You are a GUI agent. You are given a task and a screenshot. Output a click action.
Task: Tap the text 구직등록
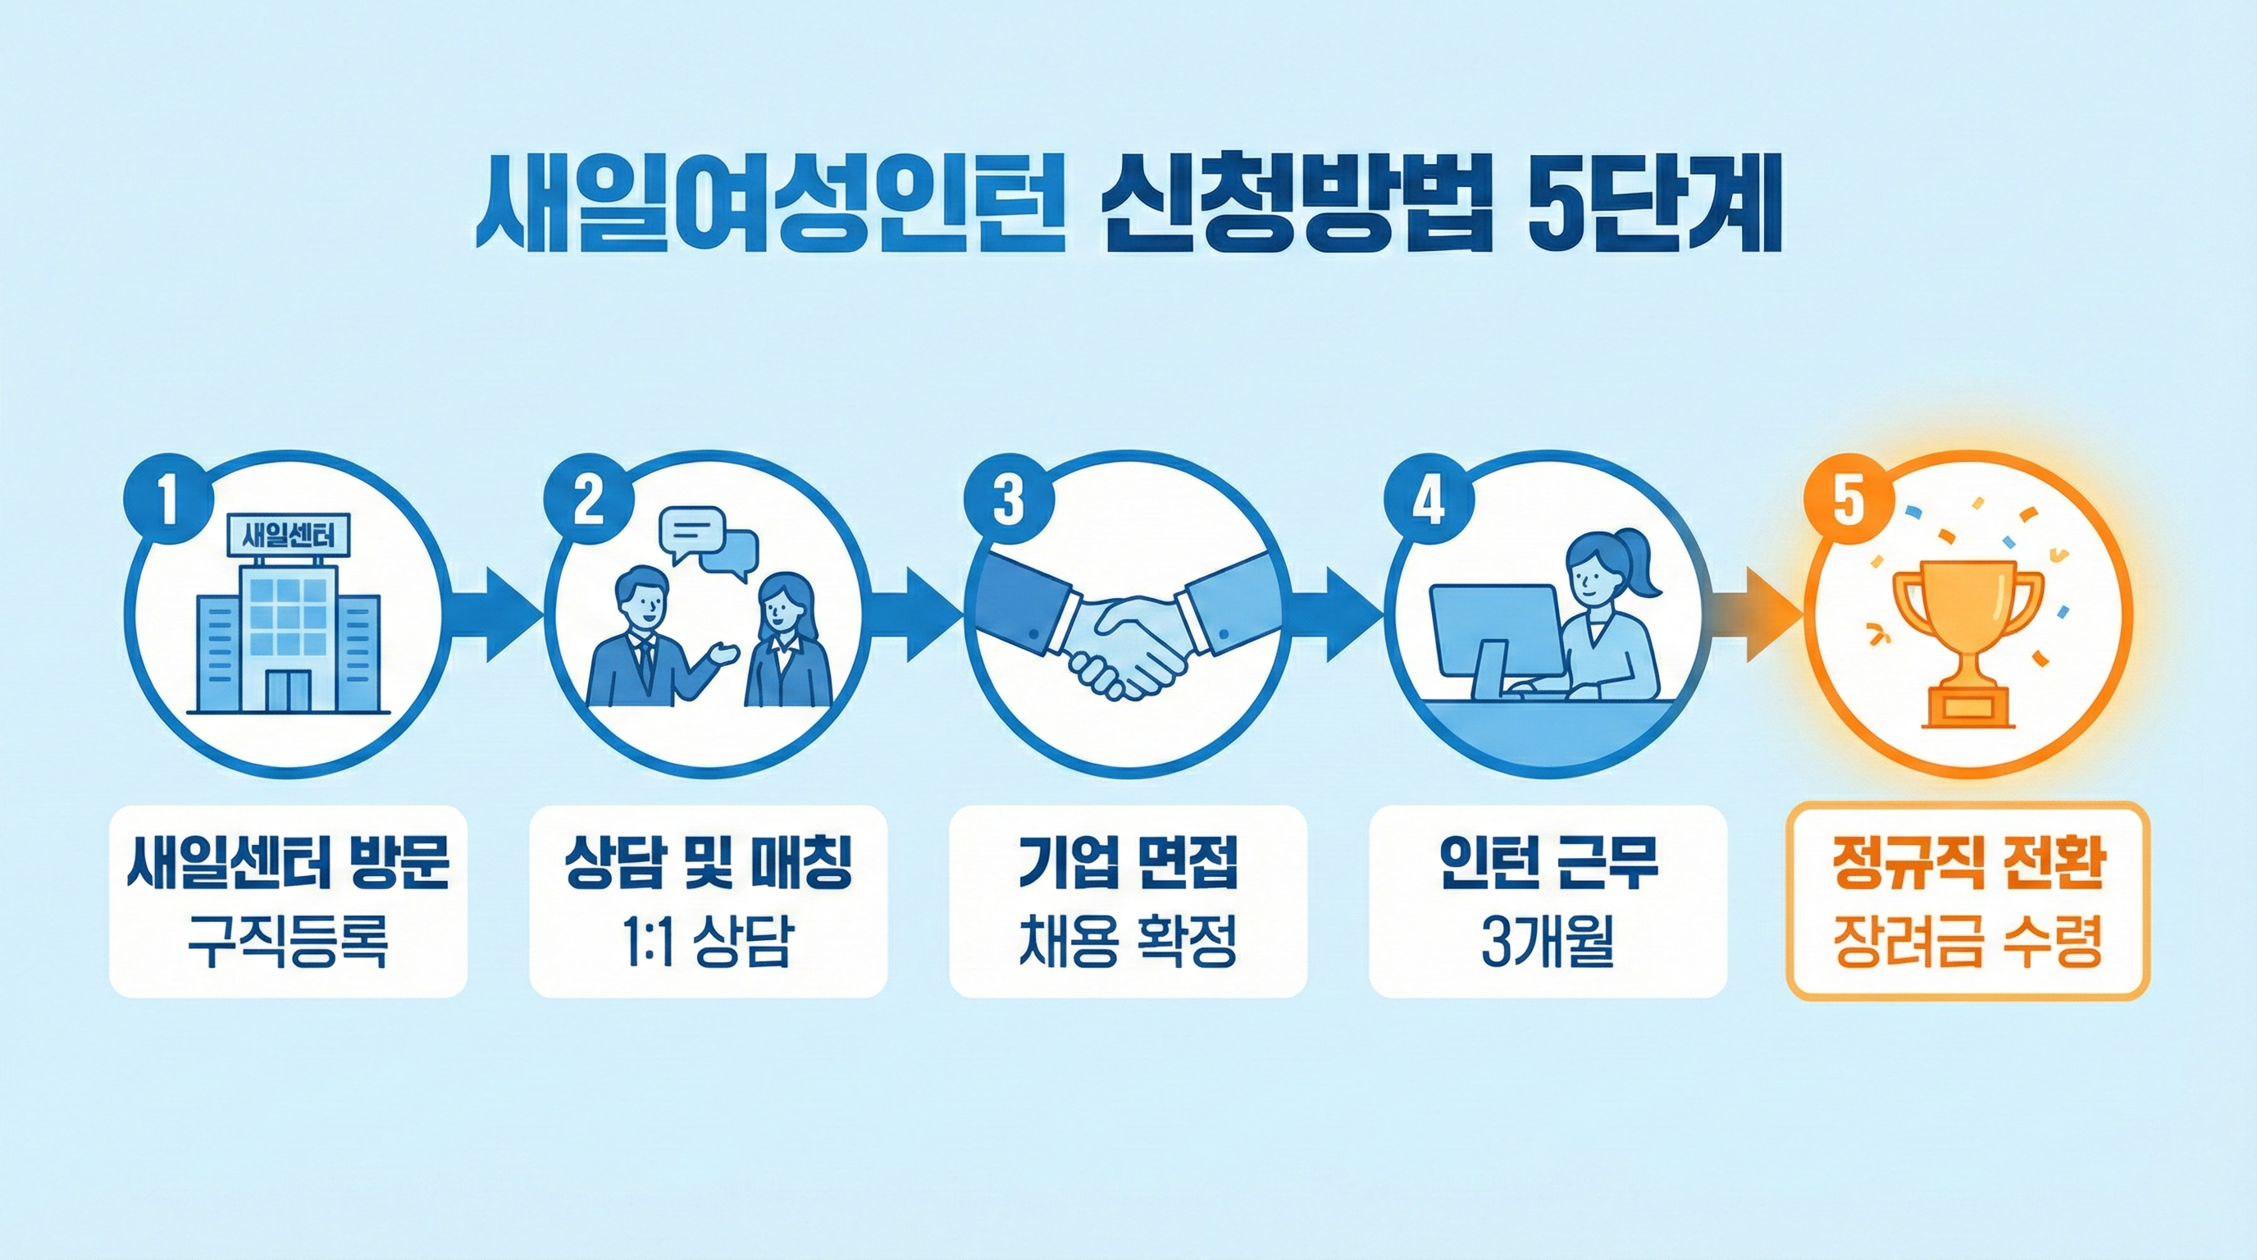[287, 943]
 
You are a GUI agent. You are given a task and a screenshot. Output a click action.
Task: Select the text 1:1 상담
[708, 943]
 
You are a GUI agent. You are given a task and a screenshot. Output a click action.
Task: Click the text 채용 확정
[1128, 943]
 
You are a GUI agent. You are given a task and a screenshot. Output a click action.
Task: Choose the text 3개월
[1548, 943]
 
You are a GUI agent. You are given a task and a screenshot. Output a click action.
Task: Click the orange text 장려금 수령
[1967, 943]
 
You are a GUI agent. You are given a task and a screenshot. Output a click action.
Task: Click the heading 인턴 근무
[1548, 867]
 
